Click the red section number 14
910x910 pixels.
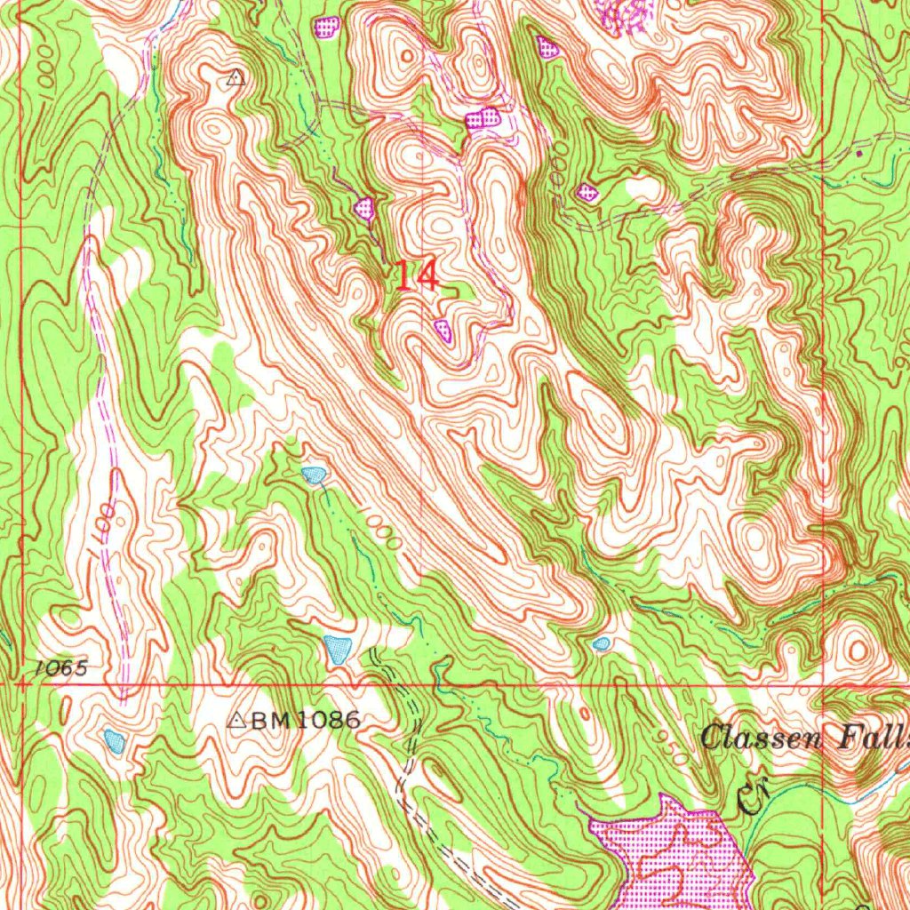(416, 276)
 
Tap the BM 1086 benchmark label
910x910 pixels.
(305, 721)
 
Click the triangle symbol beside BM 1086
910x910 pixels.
(236, 721)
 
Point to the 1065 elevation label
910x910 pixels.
(61, 668)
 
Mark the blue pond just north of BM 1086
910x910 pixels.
(338, 649)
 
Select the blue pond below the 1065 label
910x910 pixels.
(112, 738)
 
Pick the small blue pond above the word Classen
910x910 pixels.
(602, 643)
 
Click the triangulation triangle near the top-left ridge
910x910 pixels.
(235, 78)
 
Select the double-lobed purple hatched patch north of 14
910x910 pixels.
(483, 117)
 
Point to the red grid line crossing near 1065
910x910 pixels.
(22, 685)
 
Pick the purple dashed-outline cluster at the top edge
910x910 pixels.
(629, 14)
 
